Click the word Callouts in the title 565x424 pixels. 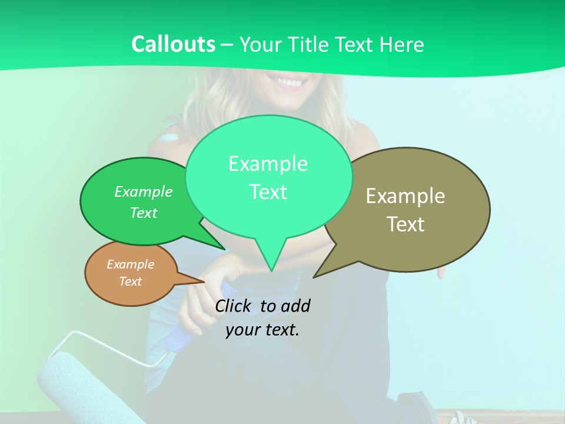coord(173,44)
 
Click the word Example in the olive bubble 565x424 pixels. coord(406,196)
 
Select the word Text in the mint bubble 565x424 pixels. coord(268,192)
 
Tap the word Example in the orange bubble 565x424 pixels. coord(130,264)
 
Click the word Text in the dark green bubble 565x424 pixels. coord(144,213)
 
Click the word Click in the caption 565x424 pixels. coord(232,306)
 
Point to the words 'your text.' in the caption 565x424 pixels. coord(262,330)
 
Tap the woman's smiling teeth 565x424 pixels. coord(288,81)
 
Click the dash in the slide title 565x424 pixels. coord(228,45)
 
